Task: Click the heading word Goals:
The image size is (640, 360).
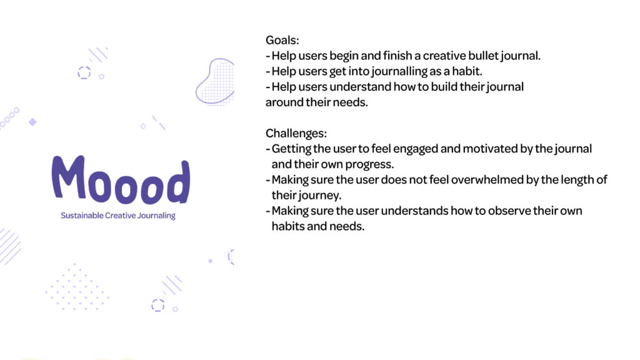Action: click(x=282, y=41)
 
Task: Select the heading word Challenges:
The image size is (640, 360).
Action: click(x=296, y=134)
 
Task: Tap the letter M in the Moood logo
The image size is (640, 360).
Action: click(x=69, y=177)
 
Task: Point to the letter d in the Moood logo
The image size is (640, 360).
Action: click(x=179, y=182)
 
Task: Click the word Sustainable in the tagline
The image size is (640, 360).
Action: click(x=82, y=216)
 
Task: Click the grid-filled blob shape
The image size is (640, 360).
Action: click(x=215, y=81)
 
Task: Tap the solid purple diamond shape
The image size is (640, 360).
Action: click(x=32, y=122)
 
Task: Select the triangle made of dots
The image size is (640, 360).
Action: click(x=77, y=287)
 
